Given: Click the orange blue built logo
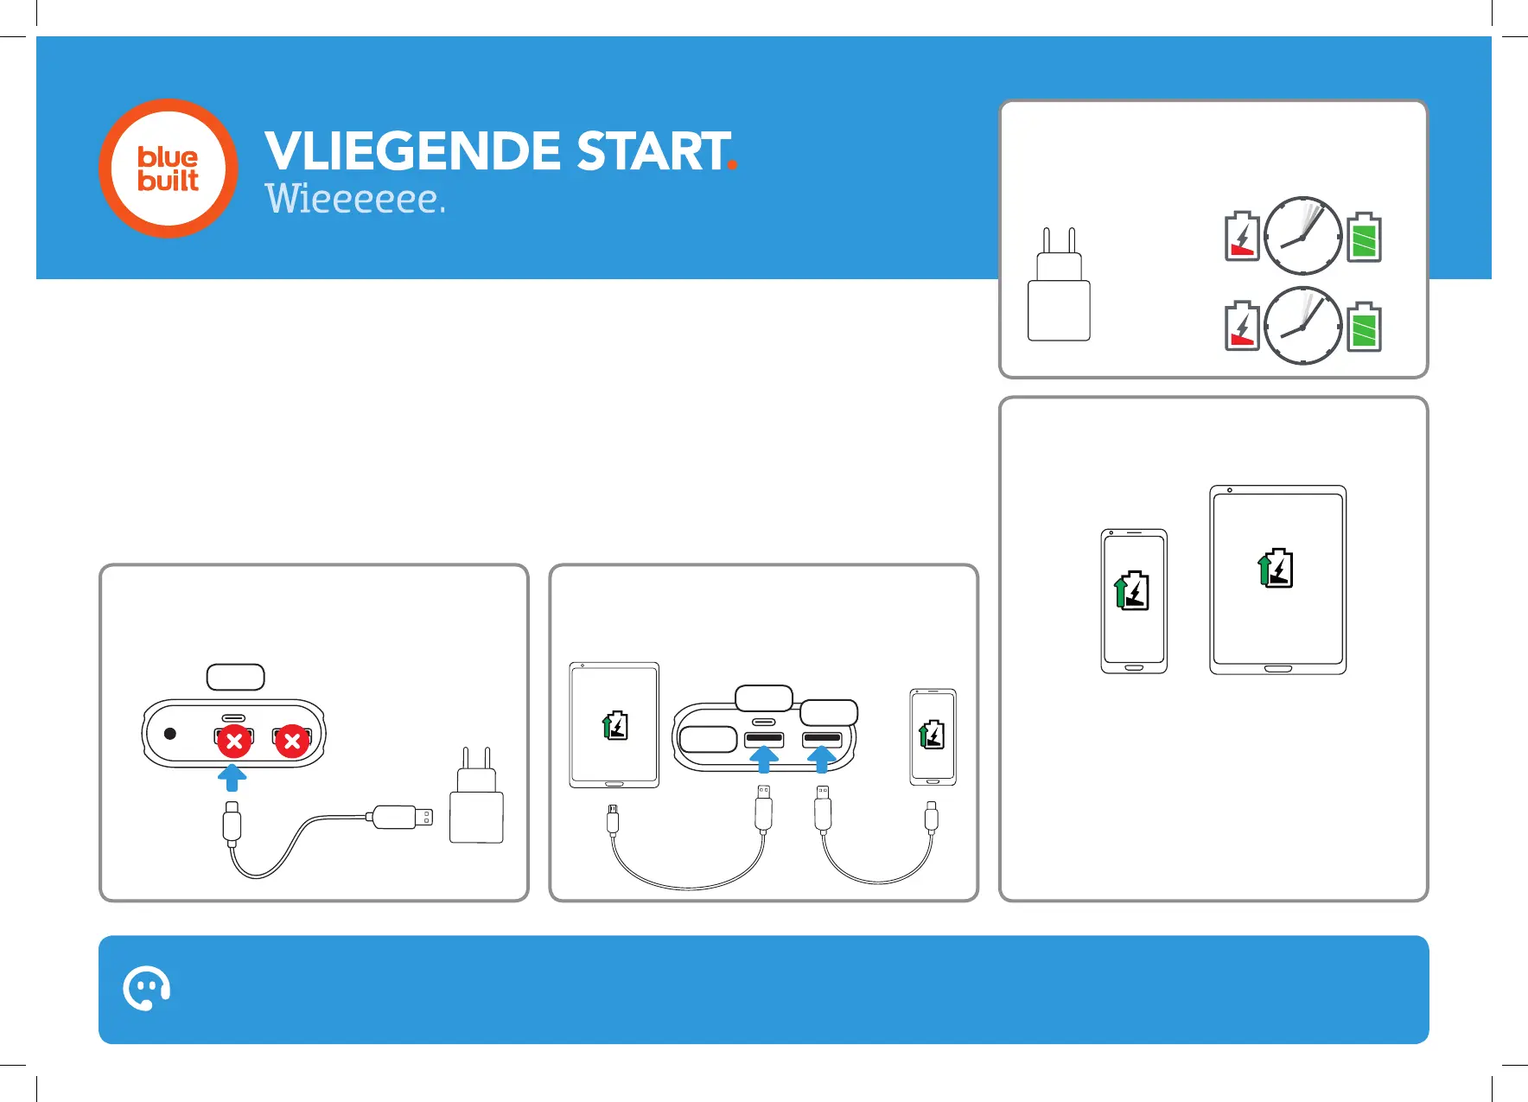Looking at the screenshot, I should tap(169, 169).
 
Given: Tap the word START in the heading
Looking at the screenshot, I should tap(653, 151).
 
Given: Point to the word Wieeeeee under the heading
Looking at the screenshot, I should tap(353, 199).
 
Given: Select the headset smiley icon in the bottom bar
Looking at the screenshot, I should tap(146, 989).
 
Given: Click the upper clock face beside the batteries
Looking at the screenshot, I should tap(1302, 236).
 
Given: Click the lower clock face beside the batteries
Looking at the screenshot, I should tap(1302, 326).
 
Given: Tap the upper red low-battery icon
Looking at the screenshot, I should tap(1242, 237).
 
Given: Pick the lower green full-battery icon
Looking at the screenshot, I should tap(1365, 327).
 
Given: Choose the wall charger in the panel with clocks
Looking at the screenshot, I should tap(1059, 290).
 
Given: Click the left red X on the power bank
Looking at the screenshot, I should tap(233, 742).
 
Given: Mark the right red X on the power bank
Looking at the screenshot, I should tap(292, 742).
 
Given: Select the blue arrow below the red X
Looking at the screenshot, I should tap(232, 776).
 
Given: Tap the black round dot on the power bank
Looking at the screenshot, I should tap(170, 734).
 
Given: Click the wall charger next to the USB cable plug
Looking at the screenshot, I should tap(476, 799).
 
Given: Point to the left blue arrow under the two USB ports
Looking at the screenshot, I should tap(763, 759).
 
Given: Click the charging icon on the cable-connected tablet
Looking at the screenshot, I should tap(615, 725).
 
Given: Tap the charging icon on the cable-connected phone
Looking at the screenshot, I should tap(932, 735).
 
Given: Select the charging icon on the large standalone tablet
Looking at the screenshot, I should tap(1277, 569).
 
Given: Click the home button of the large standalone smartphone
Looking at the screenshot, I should tap(1134, 668).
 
